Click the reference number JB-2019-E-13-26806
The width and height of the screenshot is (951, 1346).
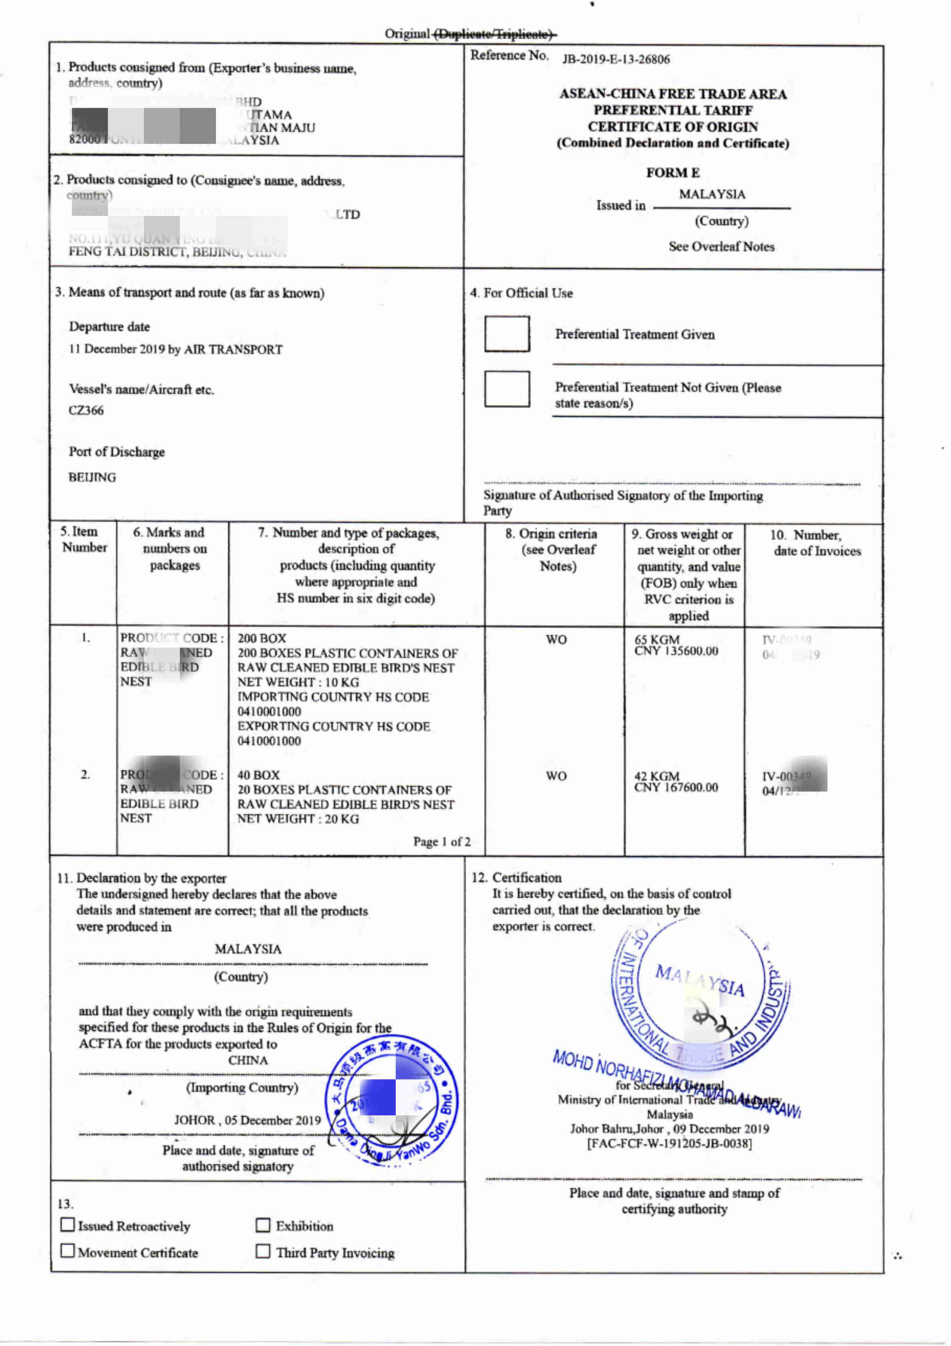[x=616, y=59]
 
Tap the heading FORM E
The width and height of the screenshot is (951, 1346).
[x=672, y=172]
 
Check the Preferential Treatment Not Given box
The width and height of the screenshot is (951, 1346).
[x=506, y=389]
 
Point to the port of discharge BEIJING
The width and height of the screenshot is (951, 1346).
[x=92, y=477]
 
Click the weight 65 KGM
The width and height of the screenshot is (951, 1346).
[x=657, y=639]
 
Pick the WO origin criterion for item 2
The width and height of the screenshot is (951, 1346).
[x=556, y=776]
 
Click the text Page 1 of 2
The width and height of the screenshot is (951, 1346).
[x=441, y=842]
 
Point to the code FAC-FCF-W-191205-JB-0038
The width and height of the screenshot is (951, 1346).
[x=670, y=1143]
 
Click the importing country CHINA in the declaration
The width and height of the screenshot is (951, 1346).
[x=248, y=1060]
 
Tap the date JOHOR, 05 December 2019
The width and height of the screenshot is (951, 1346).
[x=247, y=1120]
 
